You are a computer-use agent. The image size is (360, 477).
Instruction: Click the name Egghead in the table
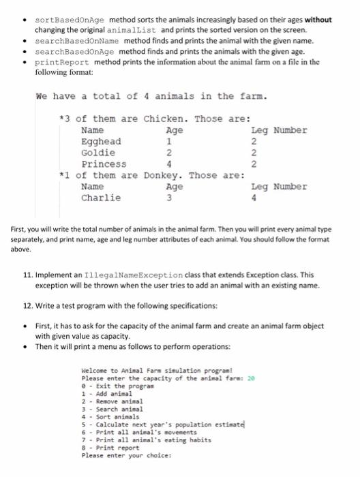tap(101, 141)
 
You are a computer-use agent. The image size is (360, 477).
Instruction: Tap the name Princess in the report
tap(103, 164)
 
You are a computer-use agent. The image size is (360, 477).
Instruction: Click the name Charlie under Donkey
tap(100, 198)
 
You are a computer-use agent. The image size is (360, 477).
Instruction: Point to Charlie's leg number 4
tap(254, 198)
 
